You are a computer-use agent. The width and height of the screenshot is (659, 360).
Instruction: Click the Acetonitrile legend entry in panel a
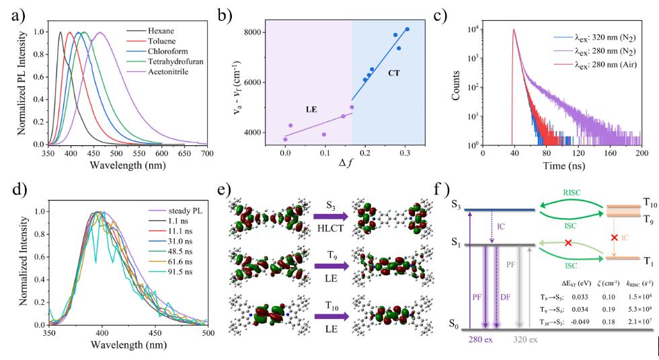157,72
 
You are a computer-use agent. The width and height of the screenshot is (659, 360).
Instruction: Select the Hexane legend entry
150,31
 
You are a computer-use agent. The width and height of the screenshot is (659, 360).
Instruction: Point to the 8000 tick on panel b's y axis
253,32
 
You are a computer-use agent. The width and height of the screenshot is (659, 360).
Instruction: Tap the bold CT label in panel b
394,73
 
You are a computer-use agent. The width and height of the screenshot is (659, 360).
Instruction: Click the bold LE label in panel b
311,109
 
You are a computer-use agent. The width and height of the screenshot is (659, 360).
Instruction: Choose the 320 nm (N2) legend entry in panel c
594,38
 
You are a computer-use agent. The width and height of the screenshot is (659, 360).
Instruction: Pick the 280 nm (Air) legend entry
594,65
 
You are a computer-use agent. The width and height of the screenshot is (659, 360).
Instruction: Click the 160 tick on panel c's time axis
611,154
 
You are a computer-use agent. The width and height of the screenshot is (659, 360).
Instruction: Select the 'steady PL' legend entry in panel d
176,211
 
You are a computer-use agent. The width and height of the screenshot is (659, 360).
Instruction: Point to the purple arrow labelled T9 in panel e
331,266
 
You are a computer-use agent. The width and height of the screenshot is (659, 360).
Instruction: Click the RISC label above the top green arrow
572,192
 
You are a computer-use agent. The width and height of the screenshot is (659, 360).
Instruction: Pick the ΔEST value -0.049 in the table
580,322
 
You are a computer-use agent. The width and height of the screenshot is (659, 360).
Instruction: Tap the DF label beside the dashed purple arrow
505,297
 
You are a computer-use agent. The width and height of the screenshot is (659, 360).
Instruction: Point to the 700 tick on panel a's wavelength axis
207,154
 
